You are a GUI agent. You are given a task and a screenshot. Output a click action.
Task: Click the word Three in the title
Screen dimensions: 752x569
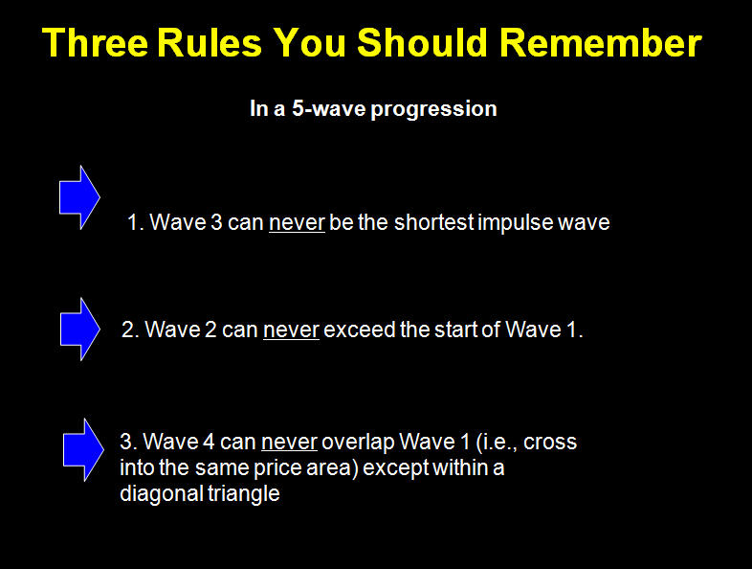click(x=95, y=43)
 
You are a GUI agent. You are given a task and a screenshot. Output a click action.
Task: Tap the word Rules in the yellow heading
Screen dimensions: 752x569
click(x=210, y=43)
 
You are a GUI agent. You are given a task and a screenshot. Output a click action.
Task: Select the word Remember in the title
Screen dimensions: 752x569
click(x=601, y=43)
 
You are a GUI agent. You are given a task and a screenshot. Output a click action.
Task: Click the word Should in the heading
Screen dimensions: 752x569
click(x=423, y=43)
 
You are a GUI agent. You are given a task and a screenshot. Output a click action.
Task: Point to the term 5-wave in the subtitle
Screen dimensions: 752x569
click(x=329, y=108)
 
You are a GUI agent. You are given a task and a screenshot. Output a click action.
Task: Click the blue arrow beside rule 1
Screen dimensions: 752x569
click(x=79, y=197)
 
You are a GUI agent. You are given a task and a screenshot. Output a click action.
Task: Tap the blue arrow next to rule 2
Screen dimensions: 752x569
click(x=80, y=329)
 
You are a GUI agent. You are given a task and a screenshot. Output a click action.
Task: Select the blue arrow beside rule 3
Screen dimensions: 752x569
click(x=83, y=449)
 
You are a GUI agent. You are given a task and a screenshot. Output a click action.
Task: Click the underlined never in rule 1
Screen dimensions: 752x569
click(x=297, y=223)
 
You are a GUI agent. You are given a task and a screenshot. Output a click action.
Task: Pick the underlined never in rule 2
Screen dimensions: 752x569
click(x=291, y=330)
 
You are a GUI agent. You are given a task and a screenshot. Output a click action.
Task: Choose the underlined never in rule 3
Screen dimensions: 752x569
click(x=289, y=443)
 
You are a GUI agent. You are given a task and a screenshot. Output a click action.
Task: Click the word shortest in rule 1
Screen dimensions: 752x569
click(x=434, y=222)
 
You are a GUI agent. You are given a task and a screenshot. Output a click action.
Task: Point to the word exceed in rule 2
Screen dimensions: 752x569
click(x=360, y=330)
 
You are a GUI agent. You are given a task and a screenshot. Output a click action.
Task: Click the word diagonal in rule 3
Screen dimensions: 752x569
click(x=161, y=494)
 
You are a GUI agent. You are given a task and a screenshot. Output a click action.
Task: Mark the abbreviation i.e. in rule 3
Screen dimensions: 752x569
click(x=498, y=443)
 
